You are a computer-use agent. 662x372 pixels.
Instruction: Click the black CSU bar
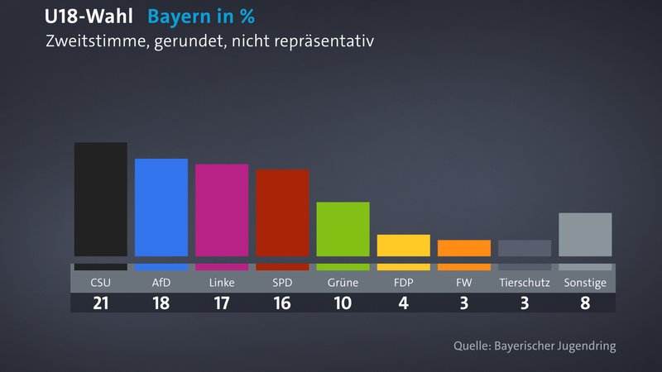100,199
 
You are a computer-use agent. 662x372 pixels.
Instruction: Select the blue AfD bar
161,207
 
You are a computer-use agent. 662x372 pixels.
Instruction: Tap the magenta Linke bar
222,210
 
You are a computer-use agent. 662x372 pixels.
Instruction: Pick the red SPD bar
282,212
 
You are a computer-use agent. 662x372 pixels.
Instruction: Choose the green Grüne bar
343,229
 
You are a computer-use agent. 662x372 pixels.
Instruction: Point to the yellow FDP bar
403,246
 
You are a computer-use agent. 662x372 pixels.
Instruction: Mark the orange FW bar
463,248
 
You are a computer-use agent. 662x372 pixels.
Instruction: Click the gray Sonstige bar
585,235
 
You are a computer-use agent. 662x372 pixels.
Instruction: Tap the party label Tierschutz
525,283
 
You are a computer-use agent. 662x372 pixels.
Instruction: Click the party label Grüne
343,283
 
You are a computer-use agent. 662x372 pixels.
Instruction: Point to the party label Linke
222,283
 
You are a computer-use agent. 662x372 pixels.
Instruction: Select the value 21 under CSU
100,303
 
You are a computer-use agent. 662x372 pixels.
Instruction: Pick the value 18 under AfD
161,303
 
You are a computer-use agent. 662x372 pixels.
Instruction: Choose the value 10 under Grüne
343,303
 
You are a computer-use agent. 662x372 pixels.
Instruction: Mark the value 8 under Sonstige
585,303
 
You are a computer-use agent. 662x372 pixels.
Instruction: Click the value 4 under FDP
403,303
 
